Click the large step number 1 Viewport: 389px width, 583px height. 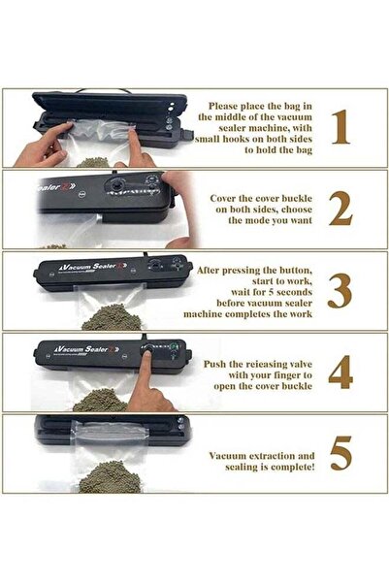click(x=340, y=128)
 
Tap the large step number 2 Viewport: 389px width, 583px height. click(x=340, y=208)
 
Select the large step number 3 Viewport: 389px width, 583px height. click(x=340, y=290)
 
